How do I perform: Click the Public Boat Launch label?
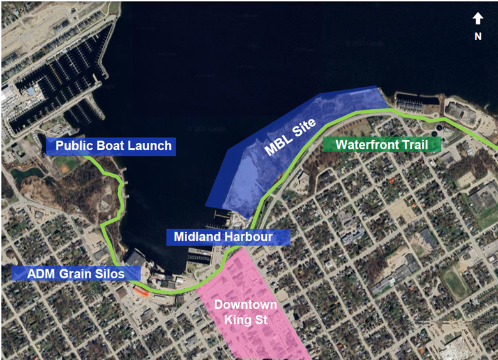coord(113,146)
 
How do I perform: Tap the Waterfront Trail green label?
coord(382,144)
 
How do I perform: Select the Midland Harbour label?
coord(229,237)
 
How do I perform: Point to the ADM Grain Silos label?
coord(75,273)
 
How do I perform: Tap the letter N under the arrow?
coord(478,36)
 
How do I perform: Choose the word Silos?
coord(124,273)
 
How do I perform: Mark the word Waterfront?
coord(363,144)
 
